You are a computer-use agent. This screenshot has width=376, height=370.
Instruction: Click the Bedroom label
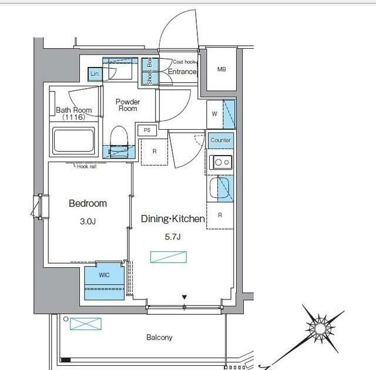click(88, 204)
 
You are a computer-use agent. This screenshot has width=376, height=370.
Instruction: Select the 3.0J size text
click(88, 222)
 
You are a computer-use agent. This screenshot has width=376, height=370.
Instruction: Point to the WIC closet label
click(104, 275)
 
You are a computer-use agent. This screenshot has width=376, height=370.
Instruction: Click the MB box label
click(221, 70)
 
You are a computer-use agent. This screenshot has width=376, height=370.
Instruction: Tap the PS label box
click(146, 130)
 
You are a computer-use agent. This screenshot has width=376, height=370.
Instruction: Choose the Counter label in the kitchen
click(221, 140)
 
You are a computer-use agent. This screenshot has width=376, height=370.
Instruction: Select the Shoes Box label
click(150, 72)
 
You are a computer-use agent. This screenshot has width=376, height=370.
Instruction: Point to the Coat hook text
click(183, 62)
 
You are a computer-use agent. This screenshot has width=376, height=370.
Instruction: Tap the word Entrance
click(182, 72)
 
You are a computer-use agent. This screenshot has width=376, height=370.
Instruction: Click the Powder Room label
click(127, 105)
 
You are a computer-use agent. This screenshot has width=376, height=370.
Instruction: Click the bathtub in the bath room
click(73, 141)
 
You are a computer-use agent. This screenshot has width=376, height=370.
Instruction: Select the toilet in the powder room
click(120, 139)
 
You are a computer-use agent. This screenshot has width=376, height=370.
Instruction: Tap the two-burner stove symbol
click(221, 162)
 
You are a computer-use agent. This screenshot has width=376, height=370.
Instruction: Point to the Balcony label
click(159, 338)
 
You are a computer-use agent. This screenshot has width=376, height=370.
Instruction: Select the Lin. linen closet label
click(94, 74)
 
